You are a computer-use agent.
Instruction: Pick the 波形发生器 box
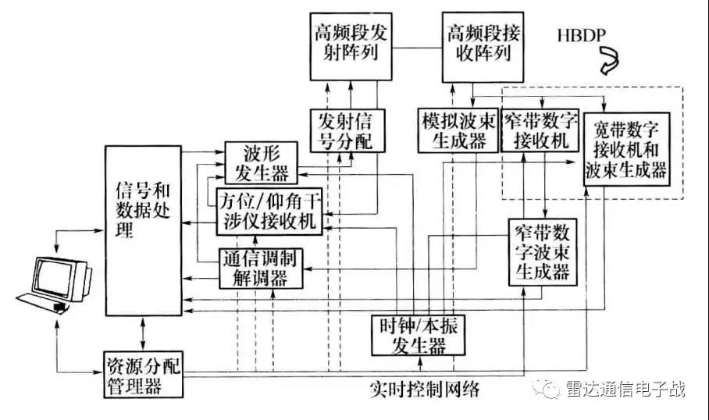click(x=258, y=161)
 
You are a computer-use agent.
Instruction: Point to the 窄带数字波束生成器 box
click(x=541, y=252)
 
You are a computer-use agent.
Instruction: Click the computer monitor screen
click(x=55, y=274)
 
